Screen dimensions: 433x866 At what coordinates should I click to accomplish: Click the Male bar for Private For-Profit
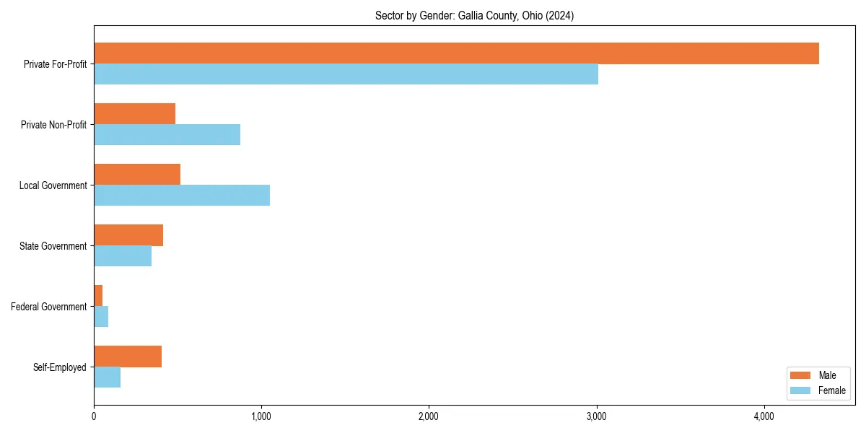tap(456, 53)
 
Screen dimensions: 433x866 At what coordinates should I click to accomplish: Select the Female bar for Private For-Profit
tap(346, 74)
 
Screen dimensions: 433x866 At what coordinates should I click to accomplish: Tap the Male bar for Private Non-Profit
tap(134, 114)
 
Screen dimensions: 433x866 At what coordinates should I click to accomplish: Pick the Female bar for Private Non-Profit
tap(167, 135)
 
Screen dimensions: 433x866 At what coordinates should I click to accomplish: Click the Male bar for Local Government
tap(137, 175)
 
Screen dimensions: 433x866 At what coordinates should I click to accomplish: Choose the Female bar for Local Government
tap(182, 196)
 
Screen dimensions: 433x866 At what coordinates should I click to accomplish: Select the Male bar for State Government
tap(128, 235)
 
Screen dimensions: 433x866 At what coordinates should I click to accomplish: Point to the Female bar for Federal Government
tap(101, 317)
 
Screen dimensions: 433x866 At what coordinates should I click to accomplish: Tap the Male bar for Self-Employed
tap(128, 357)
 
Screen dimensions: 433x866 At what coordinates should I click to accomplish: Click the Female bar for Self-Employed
tap(107, 377)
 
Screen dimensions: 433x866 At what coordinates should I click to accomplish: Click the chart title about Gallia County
tap(474, 16)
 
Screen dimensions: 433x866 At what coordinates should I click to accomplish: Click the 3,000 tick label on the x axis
tap(596, 416)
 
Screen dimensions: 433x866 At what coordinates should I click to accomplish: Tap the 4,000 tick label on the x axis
tap(764, 416)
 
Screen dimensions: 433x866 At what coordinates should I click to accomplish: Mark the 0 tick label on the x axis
tap(94, 416)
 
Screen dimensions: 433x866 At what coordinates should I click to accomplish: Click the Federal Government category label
tap(49, 307)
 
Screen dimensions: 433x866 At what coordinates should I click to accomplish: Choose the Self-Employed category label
tap(60, 367)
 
